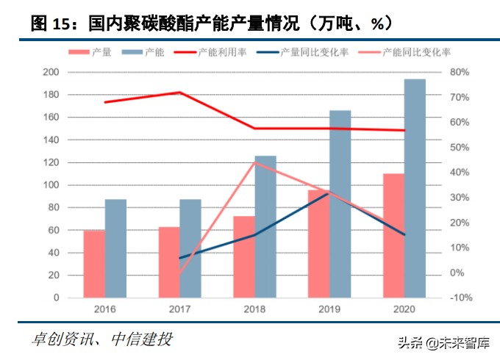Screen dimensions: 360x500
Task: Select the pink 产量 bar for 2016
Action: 94,264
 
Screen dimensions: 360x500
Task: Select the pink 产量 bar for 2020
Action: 393,236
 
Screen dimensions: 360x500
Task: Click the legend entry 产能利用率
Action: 225,53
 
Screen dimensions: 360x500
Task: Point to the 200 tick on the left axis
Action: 51,72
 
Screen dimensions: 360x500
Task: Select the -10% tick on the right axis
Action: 460,298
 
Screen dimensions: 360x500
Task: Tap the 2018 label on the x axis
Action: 254,309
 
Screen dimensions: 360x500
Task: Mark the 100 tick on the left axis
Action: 51,185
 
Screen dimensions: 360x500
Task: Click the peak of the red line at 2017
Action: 179,93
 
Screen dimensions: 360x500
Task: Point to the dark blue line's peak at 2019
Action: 329,193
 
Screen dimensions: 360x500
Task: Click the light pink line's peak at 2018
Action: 254,162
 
